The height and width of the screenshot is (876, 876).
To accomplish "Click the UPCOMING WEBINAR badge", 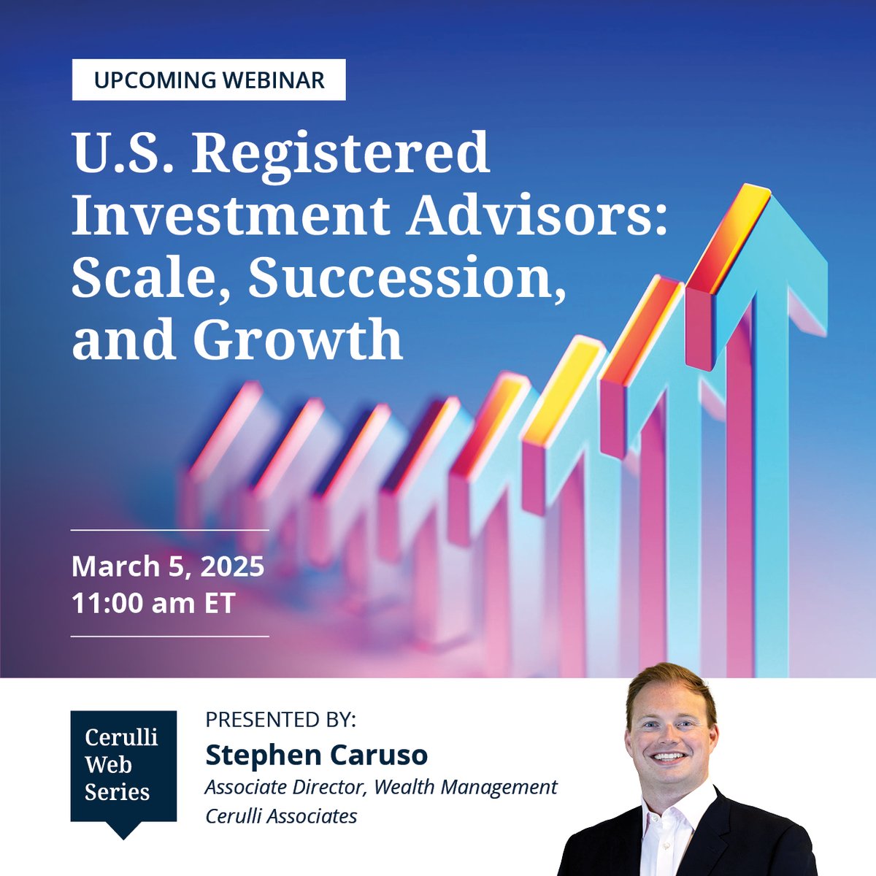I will click(x=209, y=80).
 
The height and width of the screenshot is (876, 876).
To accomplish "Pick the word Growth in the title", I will click(x=298, y=340).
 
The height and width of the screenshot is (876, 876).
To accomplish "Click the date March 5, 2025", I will click(x=168, y=566).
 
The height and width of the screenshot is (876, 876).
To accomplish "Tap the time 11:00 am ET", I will click(x=153, y=604).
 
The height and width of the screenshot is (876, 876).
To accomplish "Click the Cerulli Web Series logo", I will click(x=123, y=766).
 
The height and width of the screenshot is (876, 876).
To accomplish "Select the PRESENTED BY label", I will click(x=280, y=719).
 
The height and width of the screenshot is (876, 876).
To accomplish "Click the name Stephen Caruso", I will click(x=316, y=755).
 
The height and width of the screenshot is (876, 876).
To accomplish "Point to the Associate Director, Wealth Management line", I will click(x=381, y=787).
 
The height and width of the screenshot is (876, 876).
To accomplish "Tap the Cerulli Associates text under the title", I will click(x=281, y=815).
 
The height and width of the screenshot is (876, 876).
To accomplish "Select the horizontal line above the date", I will click(x=169, y=530).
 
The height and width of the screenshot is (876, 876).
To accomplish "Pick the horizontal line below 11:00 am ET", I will click(x=169, y=637).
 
